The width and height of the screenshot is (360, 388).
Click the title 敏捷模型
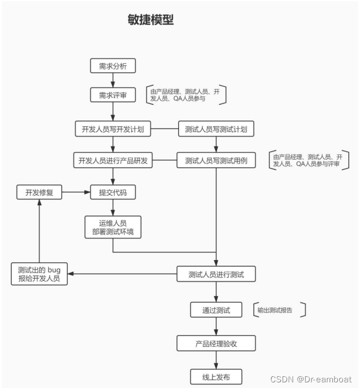[151, 20]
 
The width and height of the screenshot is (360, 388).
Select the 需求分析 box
[113, 66]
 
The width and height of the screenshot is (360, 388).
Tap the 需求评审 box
[113, 95]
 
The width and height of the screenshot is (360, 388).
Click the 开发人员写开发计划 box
[113, 129]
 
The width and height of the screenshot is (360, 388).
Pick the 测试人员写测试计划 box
[216, 129]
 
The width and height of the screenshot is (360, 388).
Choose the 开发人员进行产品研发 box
[113, 160]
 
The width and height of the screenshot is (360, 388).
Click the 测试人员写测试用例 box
[216, 160]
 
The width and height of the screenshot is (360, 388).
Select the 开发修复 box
[39, 192]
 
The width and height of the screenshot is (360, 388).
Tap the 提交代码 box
[113, 192]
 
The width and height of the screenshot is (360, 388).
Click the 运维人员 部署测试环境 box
[113, 227]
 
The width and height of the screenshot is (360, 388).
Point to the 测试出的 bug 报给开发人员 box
[39, 274]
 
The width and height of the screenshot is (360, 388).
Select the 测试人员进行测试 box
[216, 274]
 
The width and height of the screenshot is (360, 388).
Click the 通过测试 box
[216, 310]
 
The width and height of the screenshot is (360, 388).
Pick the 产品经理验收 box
[216, 343]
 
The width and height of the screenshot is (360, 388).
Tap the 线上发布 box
[216, 377]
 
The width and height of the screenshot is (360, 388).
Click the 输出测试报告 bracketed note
[279, 310]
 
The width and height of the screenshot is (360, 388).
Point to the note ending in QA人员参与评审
[309, 160]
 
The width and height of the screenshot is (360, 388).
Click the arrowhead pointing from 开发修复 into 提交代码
[87, 192]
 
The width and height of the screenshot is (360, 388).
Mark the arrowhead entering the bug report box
[71, 274]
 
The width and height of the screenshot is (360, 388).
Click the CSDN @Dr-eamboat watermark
[311, 380]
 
